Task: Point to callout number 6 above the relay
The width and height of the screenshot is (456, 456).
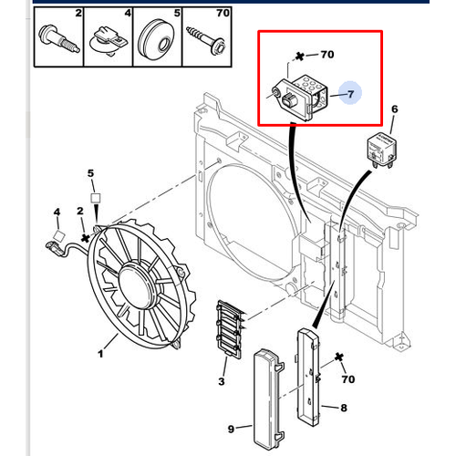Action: (394, 109)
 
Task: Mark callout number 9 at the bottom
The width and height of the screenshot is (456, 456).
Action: (232, 429)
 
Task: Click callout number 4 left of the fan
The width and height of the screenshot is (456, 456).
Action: (57, 212)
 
